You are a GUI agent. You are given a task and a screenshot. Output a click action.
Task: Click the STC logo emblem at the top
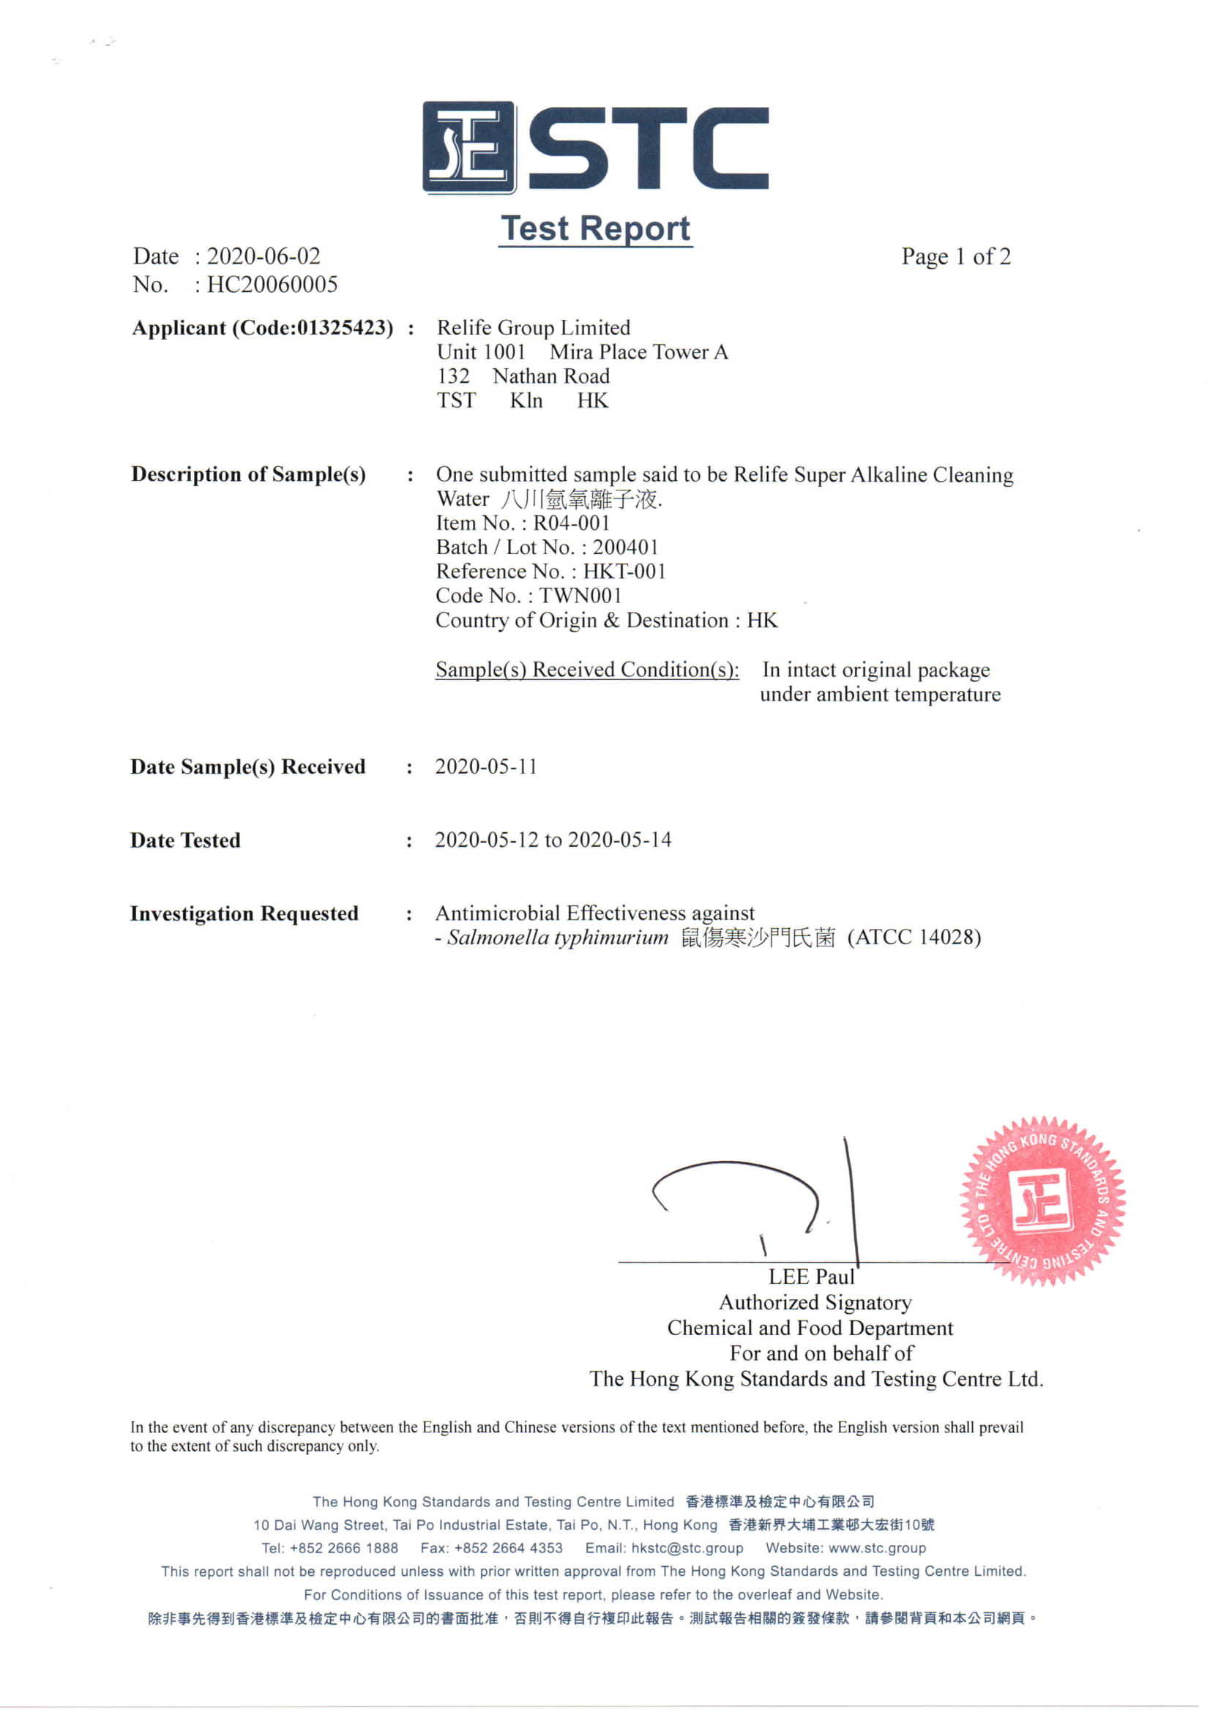pos(469,148)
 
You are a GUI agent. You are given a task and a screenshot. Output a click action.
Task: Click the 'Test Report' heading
pos(595,228)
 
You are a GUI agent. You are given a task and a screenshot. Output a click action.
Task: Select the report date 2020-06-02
pos(264,256)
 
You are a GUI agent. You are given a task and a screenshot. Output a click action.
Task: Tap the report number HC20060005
pos(272,284)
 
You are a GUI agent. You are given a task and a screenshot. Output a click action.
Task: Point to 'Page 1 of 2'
pos(956,256)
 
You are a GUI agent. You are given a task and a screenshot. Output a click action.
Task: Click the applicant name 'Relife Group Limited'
pos(533,327)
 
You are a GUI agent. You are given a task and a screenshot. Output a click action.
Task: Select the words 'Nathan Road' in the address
pos(551,375)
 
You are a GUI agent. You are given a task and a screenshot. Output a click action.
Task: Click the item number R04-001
pos(571,523)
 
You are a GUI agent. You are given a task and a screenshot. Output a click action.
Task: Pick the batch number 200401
pos(626,547)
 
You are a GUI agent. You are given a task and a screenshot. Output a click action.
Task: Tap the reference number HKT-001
pos(624,571)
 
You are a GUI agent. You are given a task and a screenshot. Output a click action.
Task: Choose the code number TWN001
pos(580,596)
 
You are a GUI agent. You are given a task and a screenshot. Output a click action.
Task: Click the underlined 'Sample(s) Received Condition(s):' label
pos(588,670)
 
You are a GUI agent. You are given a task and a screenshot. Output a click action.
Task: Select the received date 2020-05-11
pos(486,766)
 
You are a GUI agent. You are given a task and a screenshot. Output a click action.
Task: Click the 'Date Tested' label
pos(186,840)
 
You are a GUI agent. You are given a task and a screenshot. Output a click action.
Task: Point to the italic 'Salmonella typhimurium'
pos(558,938)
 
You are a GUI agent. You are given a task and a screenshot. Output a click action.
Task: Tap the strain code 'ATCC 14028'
pos(914,938)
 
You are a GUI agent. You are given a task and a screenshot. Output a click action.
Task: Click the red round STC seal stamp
pos(1042,1201)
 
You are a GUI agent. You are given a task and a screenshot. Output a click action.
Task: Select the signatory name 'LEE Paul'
pos(811,1277)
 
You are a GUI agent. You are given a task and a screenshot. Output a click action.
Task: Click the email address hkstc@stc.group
pos(687,1548)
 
